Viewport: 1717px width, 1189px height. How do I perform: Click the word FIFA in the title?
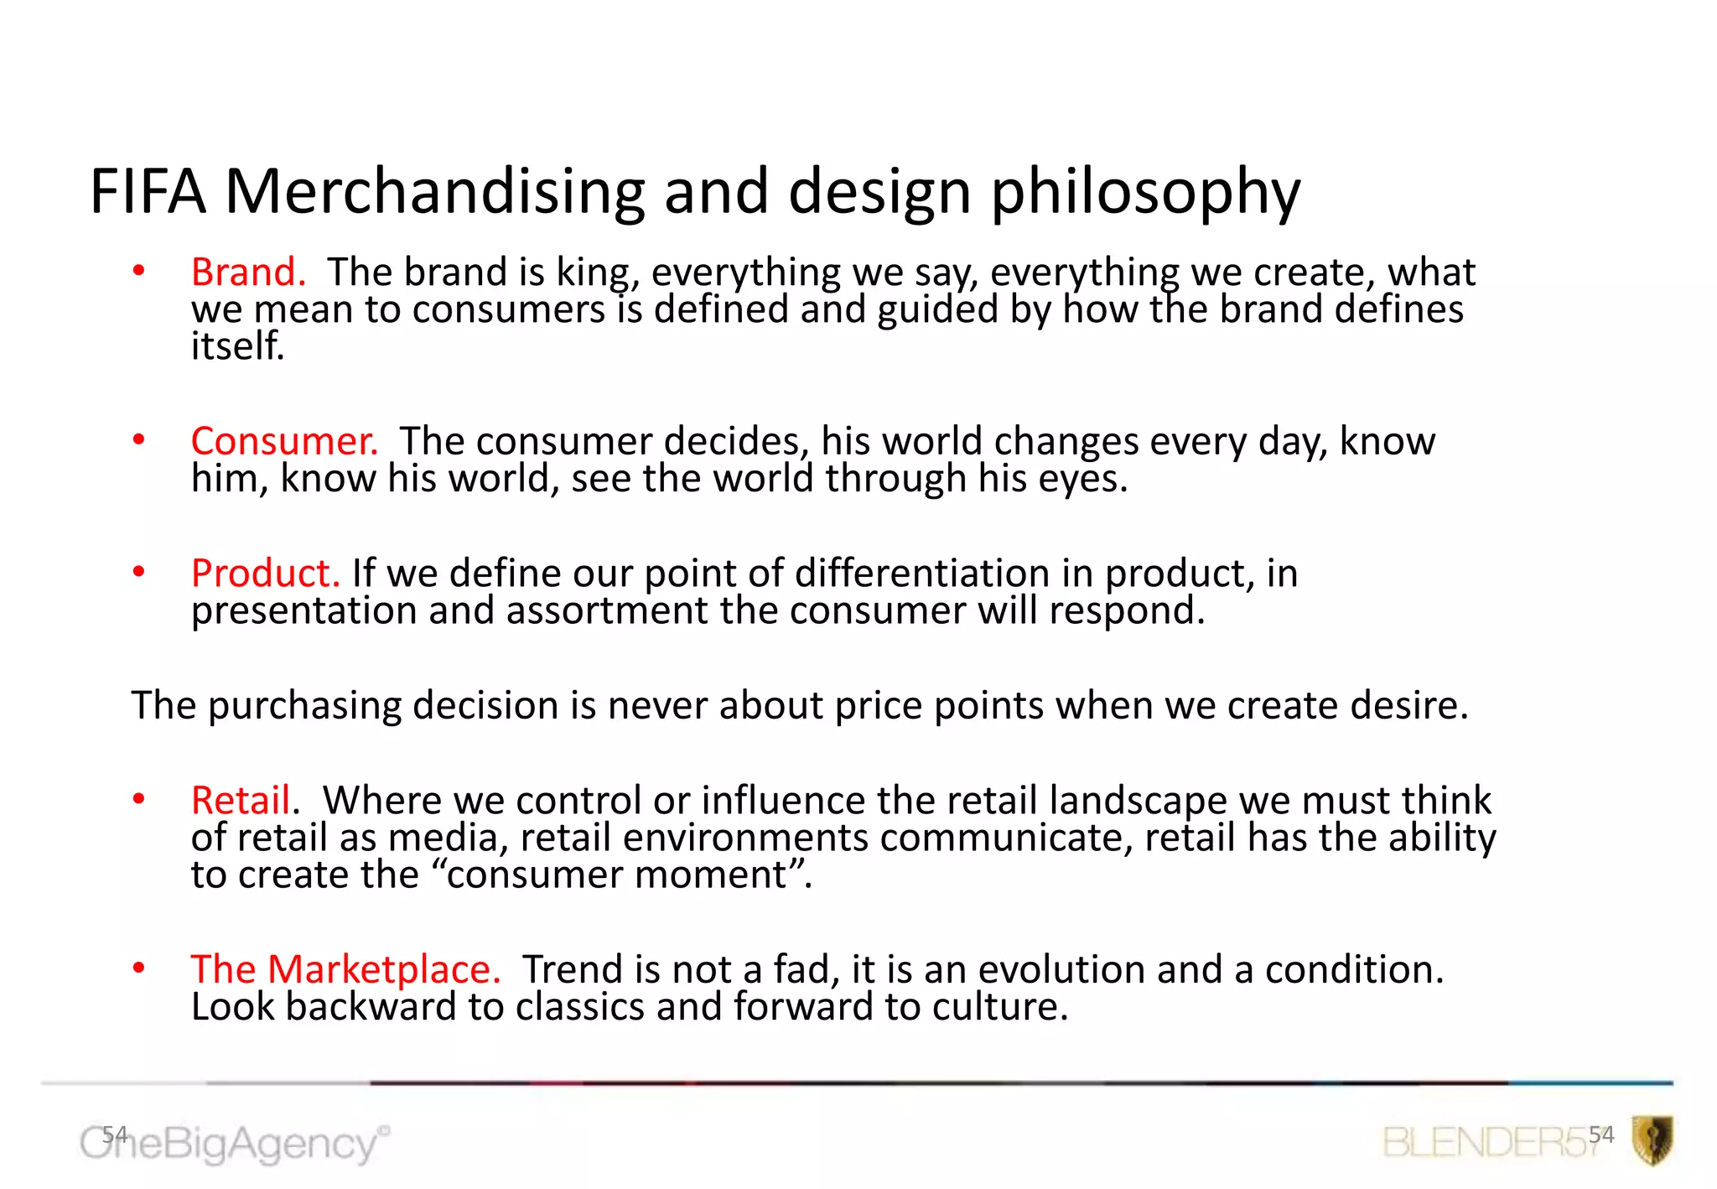(148, 191)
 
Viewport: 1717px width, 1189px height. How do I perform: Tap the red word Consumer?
(284, 441)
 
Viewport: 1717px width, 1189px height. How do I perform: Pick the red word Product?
(265, 574)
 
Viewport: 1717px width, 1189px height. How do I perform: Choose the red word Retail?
(241, 800)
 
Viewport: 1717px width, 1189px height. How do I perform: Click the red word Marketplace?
(383, 969)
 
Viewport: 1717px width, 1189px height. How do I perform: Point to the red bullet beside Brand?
(139, 271)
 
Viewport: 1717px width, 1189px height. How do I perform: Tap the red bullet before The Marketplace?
(139, 968)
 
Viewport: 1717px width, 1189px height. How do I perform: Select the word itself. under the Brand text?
(238, 346)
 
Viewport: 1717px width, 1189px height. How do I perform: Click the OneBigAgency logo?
(235, 1144)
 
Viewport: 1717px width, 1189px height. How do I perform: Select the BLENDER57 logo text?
(1488, 1143)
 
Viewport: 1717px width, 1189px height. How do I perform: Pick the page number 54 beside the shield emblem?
(1600, 1134)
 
